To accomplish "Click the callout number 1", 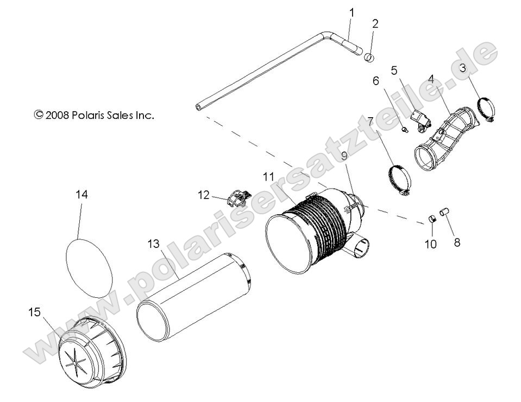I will click(x=351, y=11).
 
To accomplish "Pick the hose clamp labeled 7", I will click(x=399, y=180).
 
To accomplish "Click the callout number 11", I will click(x=267, y=176).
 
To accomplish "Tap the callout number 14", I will click(x=81, y=194).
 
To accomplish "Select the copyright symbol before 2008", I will click(x=39, y=114).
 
